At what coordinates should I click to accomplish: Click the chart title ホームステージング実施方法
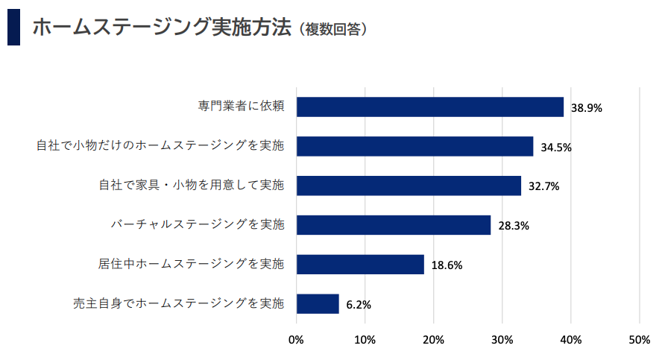coord(160,28)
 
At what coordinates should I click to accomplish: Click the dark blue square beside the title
coord(13,28)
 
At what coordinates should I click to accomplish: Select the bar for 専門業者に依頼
coord(430,107)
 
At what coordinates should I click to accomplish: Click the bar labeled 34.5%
coord(415,146)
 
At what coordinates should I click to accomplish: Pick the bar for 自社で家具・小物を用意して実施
coord(409,186)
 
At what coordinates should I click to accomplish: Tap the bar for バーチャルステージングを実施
coord(394,225)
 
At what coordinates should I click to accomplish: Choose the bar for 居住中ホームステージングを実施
coord(360,264)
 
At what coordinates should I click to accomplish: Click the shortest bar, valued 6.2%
coord(318,303)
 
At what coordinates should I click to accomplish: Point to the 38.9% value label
coord(586,107)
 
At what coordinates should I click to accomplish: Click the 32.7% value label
coord(543,186)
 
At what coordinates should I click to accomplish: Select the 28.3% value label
coord(514,226)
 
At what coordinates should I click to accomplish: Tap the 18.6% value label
coord(447,265)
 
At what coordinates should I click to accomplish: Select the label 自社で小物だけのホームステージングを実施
coord(160,146)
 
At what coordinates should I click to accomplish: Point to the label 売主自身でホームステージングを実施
coord(178,303)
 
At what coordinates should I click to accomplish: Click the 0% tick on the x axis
coord(296,340)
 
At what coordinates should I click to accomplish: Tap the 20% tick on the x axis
coord(433,340)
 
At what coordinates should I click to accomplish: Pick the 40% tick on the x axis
coord(571,340)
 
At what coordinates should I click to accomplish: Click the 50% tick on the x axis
coord(640,340)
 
